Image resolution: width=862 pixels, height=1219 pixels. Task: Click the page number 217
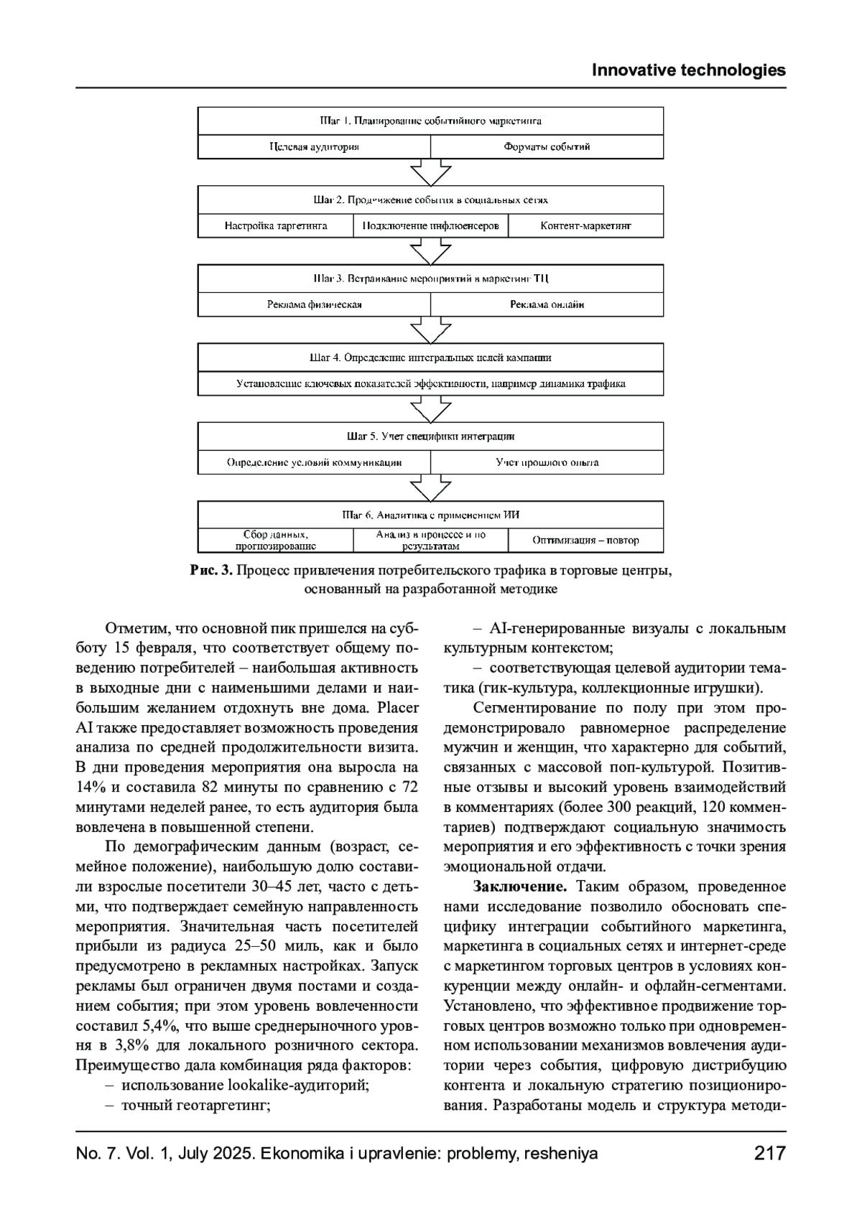point(770,1154)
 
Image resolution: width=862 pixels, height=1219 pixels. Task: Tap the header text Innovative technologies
point(688,70)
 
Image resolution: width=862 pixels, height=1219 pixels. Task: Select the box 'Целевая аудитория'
point(314,147)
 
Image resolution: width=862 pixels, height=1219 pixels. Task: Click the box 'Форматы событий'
point(547,147)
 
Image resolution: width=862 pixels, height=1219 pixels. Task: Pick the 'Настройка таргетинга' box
point(276,226)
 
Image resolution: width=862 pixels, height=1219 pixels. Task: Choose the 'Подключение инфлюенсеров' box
point(431,226)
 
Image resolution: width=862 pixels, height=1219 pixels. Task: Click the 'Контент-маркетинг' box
point(585,226)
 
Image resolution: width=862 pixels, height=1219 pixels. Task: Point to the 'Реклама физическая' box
point(314,304)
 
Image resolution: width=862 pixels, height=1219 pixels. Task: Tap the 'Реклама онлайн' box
point(547,304)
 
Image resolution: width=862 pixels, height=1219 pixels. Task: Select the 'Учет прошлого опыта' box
point(547,462)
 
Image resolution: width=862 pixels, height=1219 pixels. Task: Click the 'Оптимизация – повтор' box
point(585,541)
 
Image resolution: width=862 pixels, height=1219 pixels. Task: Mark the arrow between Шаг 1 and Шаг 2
point(430,173)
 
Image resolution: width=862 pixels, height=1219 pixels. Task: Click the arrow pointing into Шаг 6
point(430,488)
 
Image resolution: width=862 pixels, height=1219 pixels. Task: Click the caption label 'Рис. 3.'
point(211,571)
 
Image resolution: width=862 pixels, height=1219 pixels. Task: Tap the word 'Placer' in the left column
point(398,708)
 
